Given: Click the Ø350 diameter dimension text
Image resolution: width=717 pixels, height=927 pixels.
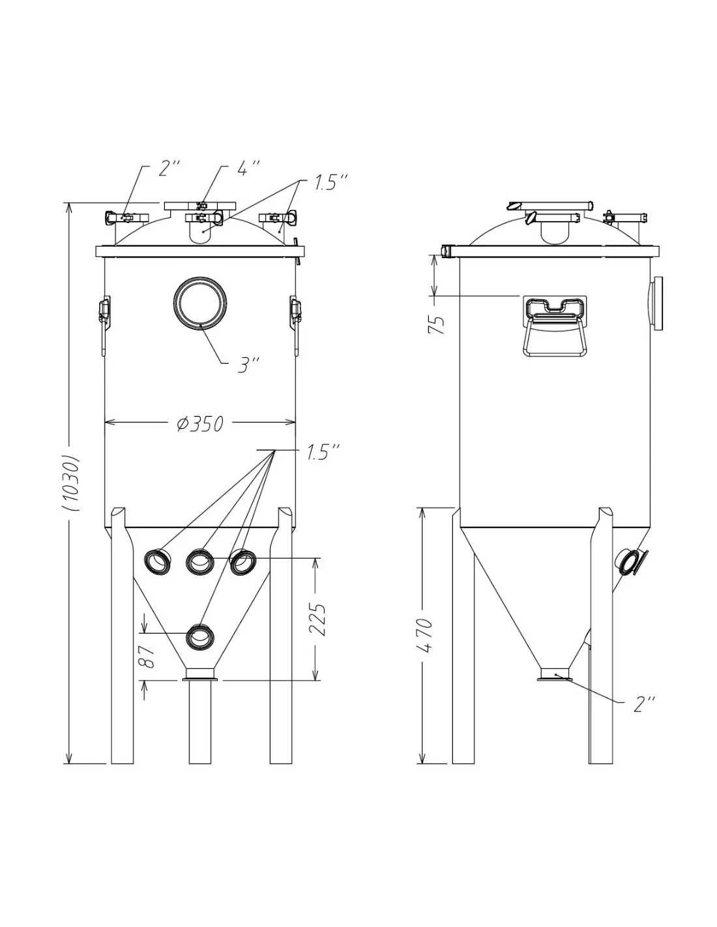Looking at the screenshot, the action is point(200,424).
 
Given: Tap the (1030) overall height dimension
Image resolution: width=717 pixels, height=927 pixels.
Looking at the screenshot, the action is point(71,483).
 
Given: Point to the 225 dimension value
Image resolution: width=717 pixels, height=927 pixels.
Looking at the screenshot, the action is point(319,619).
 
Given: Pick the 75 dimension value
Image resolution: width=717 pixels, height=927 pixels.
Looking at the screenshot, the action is point(437,325).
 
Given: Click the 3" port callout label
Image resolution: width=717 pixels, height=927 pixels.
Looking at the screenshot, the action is point(248,365).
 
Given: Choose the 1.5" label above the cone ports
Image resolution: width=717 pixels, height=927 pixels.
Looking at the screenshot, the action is point(323,452).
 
